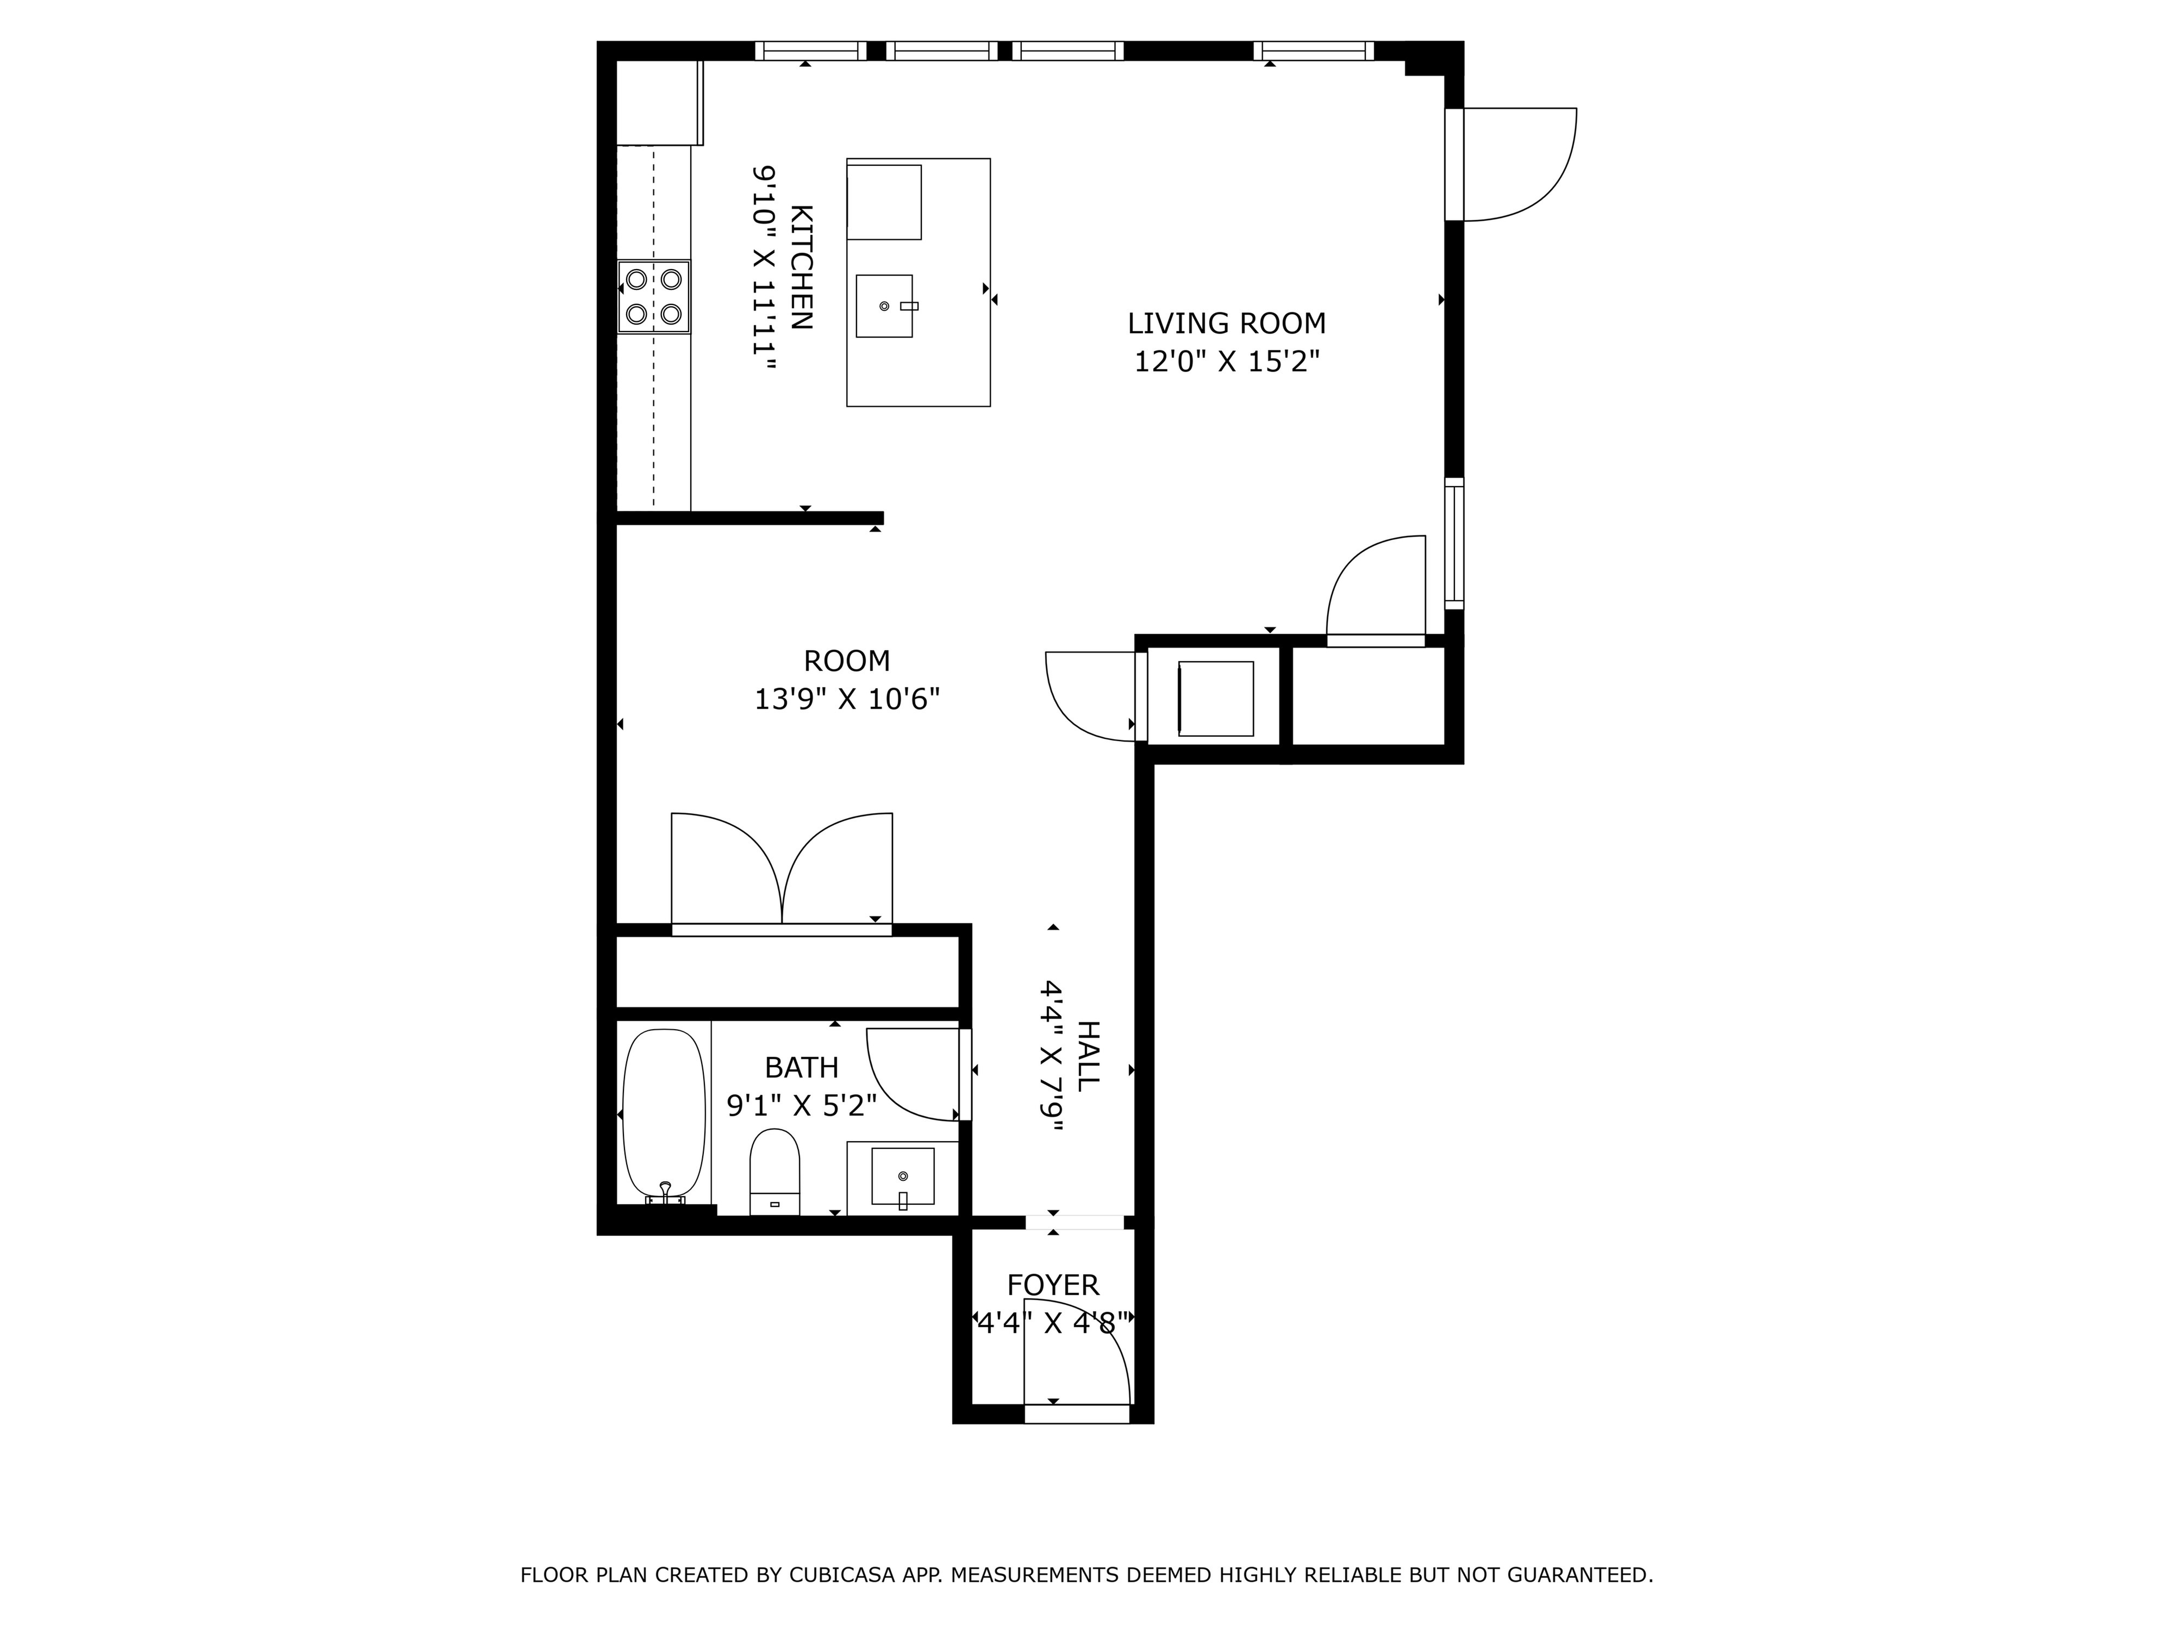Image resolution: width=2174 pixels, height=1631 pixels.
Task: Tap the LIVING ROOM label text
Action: [x=1227, y=323]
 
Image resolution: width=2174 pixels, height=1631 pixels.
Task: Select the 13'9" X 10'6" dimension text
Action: [x=847, y=699]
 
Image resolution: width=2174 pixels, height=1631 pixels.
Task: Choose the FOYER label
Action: [x=1053, y=1285]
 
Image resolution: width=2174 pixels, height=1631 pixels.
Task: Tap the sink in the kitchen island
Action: [x=884, y=306]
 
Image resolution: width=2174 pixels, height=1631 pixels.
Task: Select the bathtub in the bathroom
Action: [x=664, y=1115]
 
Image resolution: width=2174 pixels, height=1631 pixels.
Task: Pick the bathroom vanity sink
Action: [x=902, y=1177]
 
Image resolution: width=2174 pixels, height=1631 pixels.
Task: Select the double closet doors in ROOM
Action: [x=782, y=869]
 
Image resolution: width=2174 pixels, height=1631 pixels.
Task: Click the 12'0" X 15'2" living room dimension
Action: [x=1227, y=362]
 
